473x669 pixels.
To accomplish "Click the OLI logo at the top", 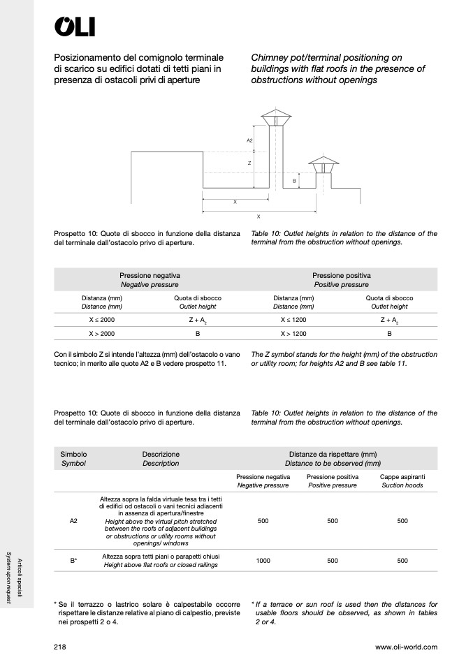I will point(75,27).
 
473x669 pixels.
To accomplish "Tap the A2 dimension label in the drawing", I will point(249,141).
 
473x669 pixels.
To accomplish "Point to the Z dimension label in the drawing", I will point(249,163).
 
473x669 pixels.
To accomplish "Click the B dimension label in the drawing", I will point(294,181).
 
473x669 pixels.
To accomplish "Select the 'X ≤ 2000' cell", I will point(101,319).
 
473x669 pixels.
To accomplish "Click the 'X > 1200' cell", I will point(293,334).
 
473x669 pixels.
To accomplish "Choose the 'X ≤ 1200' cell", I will point(293,319).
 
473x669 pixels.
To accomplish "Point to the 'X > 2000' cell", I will point(101,334).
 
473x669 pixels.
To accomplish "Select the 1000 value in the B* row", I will point(263,560).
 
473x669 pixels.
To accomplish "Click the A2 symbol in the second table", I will point(73,521).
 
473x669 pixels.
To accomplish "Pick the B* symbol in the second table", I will point(73,560).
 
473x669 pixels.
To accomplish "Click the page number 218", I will point(60,647).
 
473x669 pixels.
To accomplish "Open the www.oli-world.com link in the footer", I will point(406,647).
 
